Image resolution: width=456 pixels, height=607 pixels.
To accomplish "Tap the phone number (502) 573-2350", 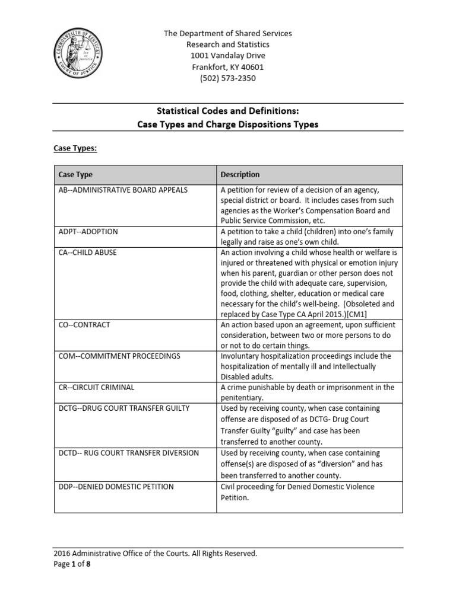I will (228, 78).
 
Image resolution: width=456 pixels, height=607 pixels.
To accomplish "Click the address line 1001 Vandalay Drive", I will (228, 56).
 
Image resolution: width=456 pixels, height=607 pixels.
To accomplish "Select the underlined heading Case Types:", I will (75, 148).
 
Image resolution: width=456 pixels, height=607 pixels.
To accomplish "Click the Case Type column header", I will (75, 175).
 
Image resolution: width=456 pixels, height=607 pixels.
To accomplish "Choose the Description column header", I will (240, 175).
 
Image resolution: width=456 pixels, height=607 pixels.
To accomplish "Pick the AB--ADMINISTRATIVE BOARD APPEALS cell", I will (123, 190).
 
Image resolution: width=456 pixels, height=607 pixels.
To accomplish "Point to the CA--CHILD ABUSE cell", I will (87, 253).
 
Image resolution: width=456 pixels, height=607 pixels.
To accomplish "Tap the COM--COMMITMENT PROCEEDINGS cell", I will (119, 356).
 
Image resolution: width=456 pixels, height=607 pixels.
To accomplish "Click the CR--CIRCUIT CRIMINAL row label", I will (96, 387).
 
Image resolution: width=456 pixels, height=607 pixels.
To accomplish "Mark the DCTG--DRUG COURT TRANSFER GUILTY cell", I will (123, 408).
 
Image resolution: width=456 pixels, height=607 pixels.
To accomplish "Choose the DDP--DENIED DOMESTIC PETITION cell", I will (116, 487).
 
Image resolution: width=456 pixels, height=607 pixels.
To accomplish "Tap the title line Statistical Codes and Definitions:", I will (228, 111).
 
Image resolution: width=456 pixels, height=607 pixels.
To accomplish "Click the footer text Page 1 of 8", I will (72, 564).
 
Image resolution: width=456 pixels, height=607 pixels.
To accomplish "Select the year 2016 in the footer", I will (62, 554).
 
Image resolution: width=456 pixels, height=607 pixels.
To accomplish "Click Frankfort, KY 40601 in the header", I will (228, 67).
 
